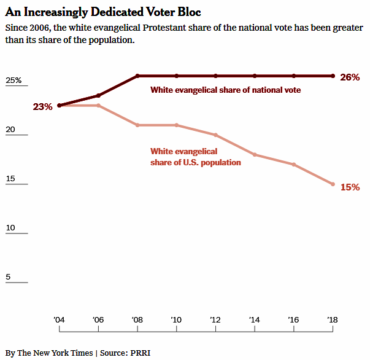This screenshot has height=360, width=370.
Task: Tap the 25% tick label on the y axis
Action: pyautogui.click(x=13, y=80)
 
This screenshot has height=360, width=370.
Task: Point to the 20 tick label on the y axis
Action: pyautogui.click(x=10, y=130)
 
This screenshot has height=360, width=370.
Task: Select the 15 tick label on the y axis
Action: pyautogui.click(x=10, y=179)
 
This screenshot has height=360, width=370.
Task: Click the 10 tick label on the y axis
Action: pyautogui.click(x=10, y=229)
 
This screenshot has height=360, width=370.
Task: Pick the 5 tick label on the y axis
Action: pyautogui.click(x=8, y=277)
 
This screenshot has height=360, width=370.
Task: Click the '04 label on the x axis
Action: pyautogui.click(x=60, y=319)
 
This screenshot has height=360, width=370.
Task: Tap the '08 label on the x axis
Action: pyautogui.click(x=137, y=319)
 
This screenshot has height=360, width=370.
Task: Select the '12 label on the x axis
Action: pyautogui.click(x=216, y=319)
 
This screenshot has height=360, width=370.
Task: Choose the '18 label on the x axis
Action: pyautogui.click(x=333, y=319)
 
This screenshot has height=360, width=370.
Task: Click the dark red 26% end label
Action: pyautogui.click(x=349, y=77)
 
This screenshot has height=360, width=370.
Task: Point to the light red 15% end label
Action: pyautogui.click(x=349, y=187)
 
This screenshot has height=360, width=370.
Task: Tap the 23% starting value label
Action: pyautogui.click(x=42, y=107)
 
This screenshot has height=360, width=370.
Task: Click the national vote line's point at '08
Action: pyautogui.click(x=138, y=76)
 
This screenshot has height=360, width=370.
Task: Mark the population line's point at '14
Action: pyautogui.click(x=255, y=155)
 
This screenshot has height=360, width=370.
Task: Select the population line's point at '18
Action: pyautogui.click(x=333, y=184)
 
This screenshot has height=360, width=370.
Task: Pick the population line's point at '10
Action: pyautogui.click(x=177, y=125)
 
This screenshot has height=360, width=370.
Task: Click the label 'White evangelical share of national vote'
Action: pyautogui.click(x=225, y=90)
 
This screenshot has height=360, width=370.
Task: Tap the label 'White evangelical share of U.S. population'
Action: pyautogui.click(x=195, y=157)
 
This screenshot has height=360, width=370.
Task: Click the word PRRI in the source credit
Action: pyautogui.click(x=141, y=353)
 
